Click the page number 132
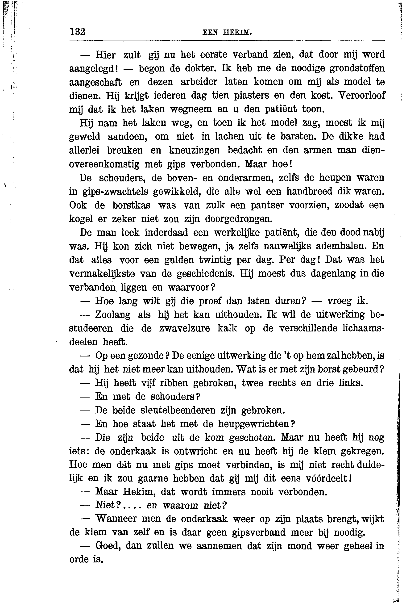[77, 32]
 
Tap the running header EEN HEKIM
[227, 33]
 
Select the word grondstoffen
[357, 68]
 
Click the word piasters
[252, 95]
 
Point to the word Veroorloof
[361, 95]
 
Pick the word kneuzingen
[194, 150]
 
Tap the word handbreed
[309, 191]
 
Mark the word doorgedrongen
[238, 219]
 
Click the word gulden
[179, 260]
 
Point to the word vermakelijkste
[102, 274]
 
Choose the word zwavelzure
[185, 328]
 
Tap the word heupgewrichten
[254, 424]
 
